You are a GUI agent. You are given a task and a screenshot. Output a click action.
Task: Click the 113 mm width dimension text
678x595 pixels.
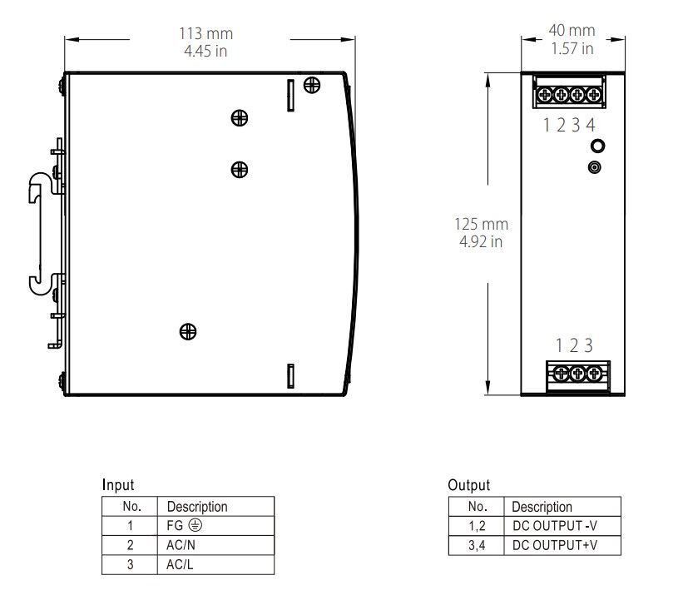click(206, 34)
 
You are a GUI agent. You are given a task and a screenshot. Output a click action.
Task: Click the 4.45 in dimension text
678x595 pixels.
click(206, 51)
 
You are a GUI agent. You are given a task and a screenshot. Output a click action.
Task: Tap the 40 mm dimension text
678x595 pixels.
click(572, 31)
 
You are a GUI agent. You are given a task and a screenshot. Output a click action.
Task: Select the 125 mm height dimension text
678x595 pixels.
click(481, 224)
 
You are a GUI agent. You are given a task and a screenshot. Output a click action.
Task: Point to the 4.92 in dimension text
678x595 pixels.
click(481, 242)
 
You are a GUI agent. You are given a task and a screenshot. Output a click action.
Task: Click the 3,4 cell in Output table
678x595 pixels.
click(477, 546)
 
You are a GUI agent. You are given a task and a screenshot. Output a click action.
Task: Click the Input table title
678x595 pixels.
click(117, 484)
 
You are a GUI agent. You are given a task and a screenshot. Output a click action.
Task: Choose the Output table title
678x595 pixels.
click(468, 485)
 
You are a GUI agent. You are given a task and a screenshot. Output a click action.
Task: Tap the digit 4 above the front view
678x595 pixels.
click(591, 125)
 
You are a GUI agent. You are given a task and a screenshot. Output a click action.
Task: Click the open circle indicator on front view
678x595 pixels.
click(596, 146)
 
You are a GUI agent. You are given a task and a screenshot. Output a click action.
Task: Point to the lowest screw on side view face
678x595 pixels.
click(189, 331)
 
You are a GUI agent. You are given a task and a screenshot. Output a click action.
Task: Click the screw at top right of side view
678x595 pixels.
click(313, 84)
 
